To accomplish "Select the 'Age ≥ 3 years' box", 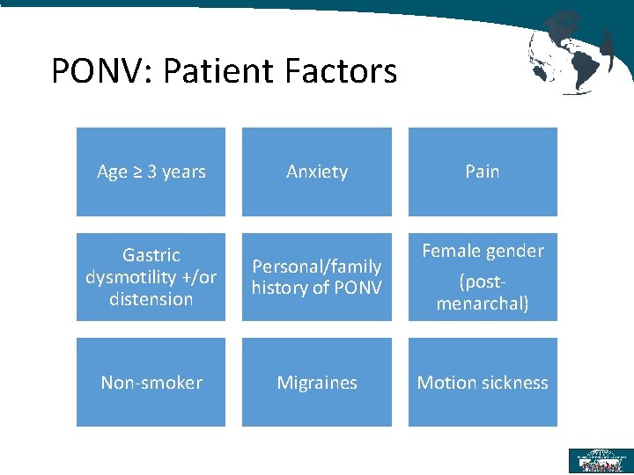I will pos(151,172).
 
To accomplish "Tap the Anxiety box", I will pos(317,172).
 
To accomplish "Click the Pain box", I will pos(483,172).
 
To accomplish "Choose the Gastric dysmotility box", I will pos(151,277).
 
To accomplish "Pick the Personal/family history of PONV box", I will pos(317,277).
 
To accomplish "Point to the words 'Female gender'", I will pos(483,251).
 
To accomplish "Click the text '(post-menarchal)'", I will pos(483,293).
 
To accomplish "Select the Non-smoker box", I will pos(151,383).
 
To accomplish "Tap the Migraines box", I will pos(317,383).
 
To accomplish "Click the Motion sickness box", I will pos(483,383).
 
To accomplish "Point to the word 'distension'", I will pos(151,299).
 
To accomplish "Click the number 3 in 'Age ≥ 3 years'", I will pos(151,172).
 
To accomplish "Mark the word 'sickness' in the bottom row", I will pos(516,383).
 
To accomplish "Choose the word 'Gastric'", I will pos(151,255).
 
